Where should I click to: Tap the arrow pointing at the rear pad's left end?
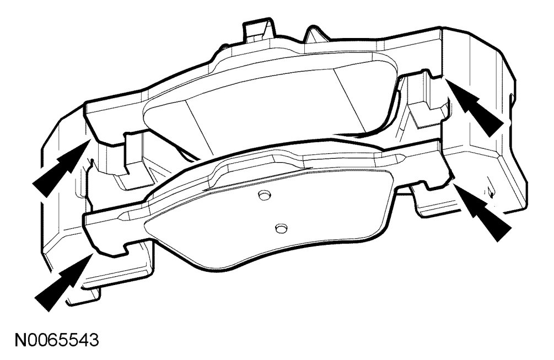60,168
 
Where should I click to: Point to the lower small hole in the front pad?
281,228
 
